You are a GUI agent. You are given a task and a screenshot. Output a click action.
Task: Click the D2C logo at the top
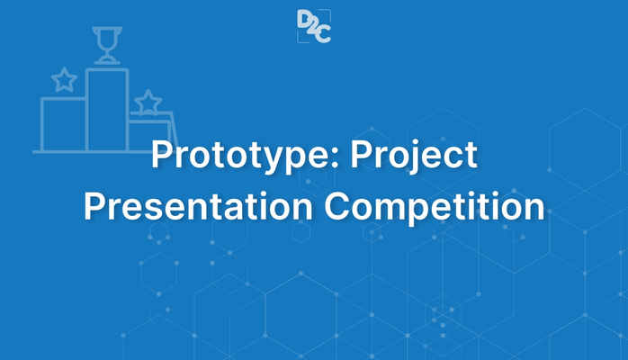313,25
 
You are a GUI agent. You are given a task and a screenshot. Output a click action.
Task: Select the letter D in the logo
304,19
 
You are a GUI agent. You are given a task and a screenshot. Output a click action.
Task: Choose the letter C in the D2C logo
323,33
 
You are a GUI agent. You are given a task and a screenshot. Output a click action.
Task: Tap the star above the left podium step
64,81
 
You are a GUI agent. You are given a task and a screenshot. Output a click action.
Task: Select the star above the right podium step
147,101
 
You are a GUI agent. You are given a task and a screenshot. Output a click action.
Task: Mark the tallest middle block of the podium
107,108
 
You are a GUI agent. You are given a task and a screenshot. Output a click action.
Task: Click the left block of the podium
64,124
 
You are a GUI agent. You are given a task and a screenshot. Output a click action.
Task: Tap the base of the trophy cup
107,61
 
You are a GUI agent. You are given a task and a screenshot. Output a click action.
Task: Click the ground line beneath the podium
90,151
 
